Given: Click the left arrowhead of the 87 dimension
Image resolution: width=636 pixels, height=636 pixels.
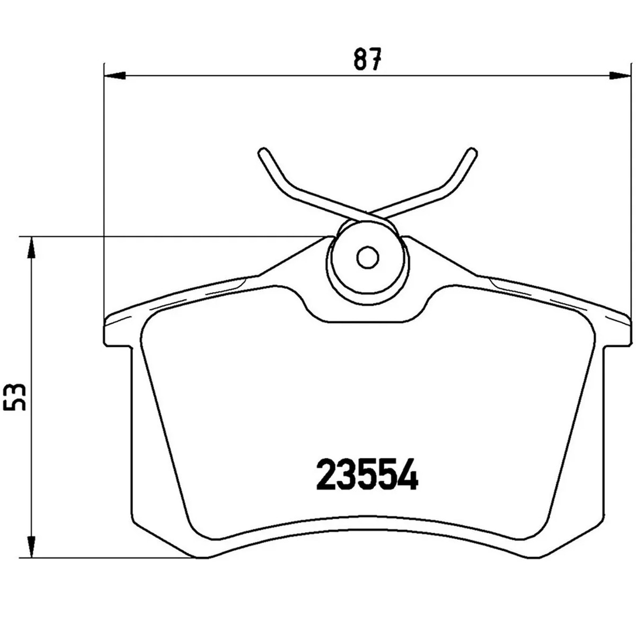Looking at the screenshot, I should click(x=114, y=76).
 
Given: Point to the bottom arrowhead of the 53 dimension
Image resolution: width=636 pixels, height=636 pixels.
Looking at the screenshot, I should click(x=32, y=546).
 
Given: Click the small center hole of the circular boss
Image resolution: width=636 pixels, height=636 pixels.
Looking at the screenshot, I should click(x=367, y=258).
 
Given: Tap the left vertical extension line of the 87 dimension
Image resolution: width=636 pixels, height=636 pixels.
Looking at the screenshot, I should click(x=104, y=185).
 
